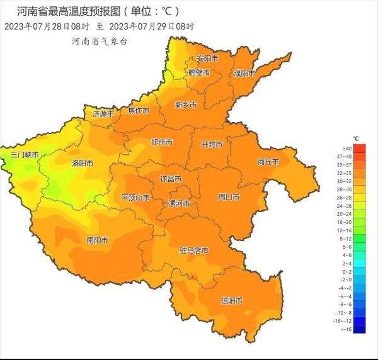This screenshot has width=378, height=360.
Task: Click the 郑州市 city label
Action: tap(162, 142)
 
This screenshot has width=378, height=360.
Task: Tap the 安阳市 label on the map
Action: tap(207, 59)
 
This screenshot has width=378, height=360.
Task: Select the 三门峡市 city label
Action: tap(25, 155)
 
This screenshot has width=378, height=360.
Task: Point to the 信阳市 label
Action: tap(231, 301)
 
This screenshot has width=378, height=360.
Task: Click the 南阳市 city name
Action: tap(96, 240)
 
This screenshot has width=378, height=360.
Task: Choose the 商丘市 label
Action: tap(268, 162)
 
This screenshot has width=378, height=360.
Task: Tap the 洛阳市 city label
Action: tap(83, 163)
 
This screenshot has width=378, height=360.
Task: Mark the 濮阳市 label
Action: tap(244, 73)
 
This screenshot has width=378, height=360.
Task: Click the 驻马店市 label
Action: tap(193, 250)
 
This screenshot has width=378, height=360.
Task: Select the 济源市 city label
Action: tap(103, 114)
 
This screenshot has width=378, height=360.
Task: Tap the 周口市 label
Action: tap(228, 197)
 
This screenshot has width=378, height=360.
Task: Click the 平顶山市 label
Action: tap(135, 198)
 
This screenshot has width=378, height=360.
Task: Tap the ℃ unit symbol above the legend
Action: tap(357, 138)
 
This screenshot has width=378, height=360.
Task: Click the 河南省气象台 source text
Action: tap(100, 41)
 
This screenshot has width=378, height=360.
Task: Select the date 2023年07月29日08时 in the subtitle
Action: tap(152, 26)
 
